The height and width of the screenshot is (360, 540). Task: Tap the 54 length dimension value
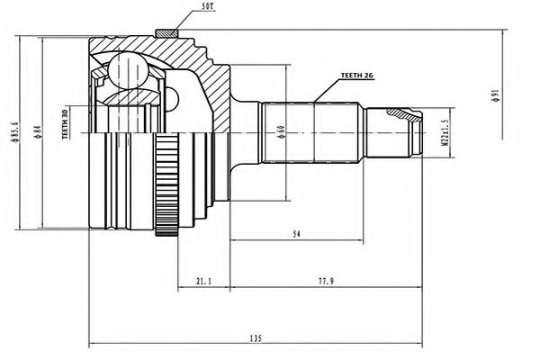(x=297, y=235)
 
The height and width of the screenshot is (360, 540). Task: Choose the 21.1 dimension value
(x=204, y=281)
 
